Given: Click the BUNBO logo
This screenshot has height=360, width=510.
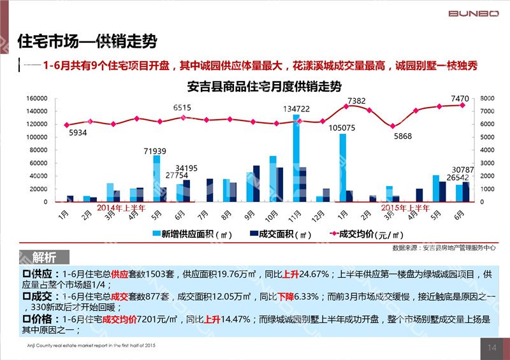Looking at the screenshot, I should click(474, 13).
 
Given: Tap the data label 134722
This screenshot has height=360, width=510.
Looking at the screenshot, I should click(296, 109).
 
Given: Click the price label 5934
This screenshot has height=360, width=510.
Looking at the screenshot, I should click(76, 133).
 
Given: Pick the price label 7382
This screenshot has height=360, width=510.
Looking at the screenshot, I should click(356, 101).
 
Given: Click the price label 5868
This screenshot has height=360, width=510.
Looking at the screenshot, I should click(403, 136).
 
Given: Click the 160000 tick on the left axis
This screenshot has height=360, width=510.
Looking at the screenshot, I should click(37, 99).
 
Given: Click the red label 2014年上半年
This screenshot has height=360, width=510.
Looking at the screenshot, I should click(122, 208).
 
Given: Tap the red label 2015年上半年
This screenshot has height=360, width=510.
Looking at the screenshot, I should click(405, 208).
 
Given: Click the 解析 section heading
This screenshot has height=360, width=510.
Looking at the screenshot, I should click(45, 257).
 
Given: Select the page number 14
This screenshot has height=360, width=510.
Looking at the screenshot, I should click(492, 347).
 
